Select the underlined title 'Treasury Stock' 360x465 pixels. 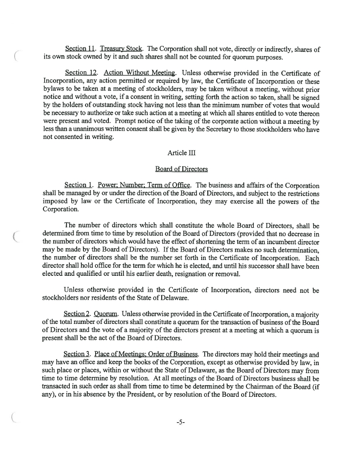[121, 50]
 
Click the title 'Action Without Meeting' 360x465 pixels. [140, 72]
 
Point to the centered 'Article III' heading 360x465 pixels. [181, 153]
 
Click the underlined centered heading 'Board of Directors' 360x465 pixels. [181, 169]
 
